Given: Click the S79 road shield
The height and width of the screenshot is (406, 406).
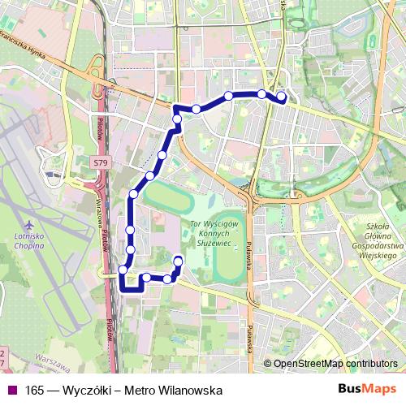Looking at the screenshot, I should pos(99,163).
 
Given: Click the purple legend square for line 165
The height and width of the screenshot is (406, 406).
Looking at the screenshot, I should pos(11,390).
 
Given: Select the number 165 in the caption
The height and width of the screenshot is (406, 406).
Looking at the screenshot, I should pos(36,390).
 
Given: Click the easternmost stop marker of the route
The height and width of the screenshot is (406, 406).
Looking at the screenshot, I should pos(282,97).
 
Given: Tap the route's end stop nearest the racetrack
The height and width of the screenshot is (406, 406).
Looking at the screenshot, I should pos(178,261).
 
